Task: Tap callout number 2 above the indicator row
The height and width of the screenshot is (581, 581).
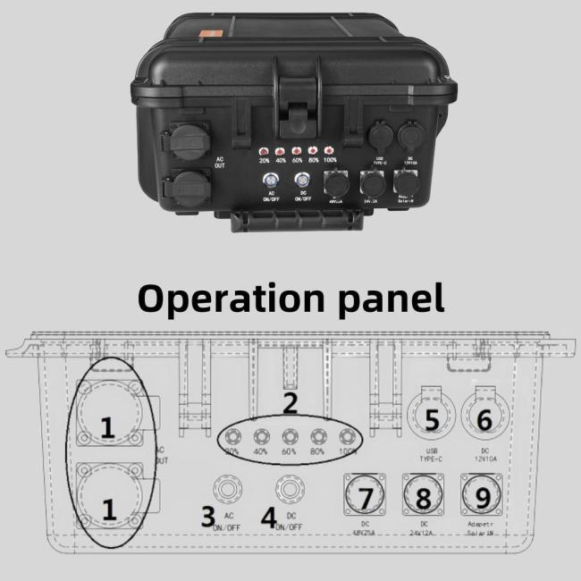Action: click(x=290, y=403)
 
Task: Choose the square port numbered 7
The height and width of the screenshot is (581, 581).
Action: click(x=365, y=495)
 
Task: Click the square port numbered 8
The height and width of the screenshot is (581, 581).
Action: click(x=423, y=495)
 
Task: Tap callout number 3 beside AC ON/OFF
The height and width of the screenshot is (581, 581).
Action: click(x=207, y=516)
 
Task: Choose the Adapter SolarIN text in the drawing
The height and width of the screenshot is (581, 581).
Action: click(x=484, y=530)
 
